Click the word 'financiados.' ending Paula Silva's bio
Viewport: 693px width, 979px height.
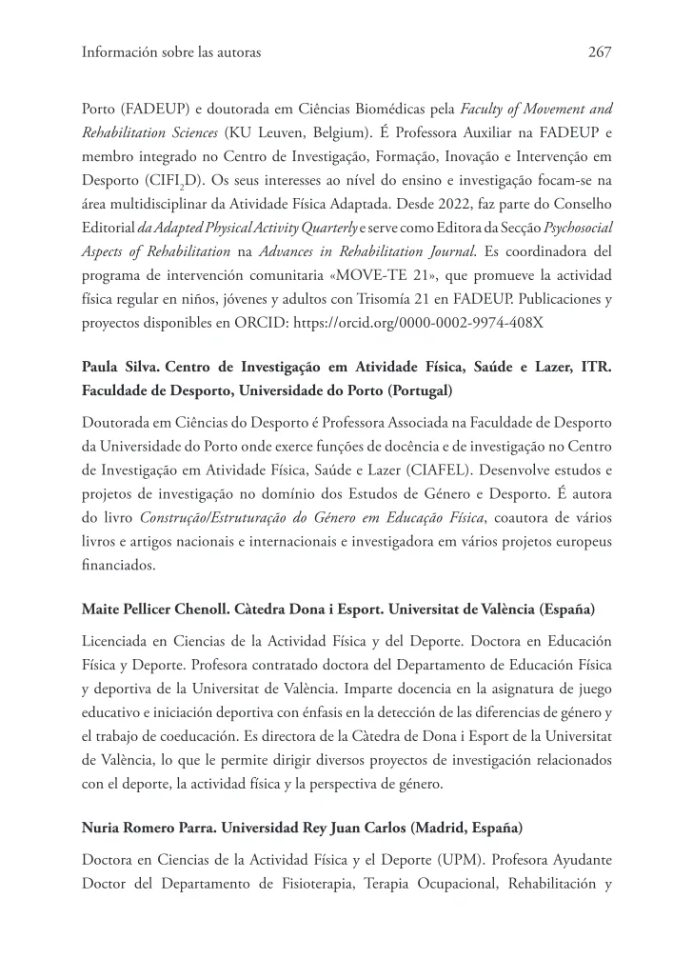point(116,564)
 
